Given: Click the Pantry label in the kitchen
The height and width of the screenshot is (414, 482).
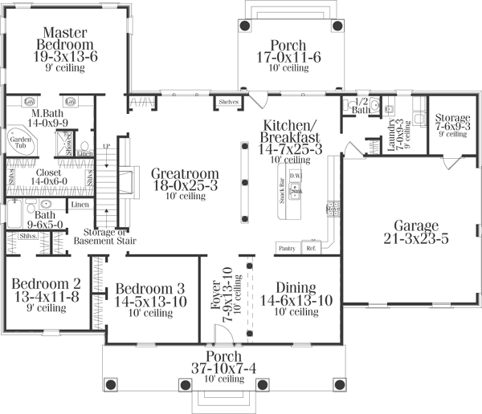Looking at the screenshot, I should [287, 249].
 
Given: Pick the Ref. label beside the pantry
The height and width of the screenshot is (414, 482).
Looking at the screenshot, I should [311, 249].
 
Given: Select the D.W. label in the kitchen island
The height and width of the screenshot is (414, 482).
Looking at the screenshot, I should [295, 176].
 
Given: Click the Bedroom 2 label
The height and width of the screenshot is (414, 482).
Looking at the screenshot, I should [46, 283].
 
